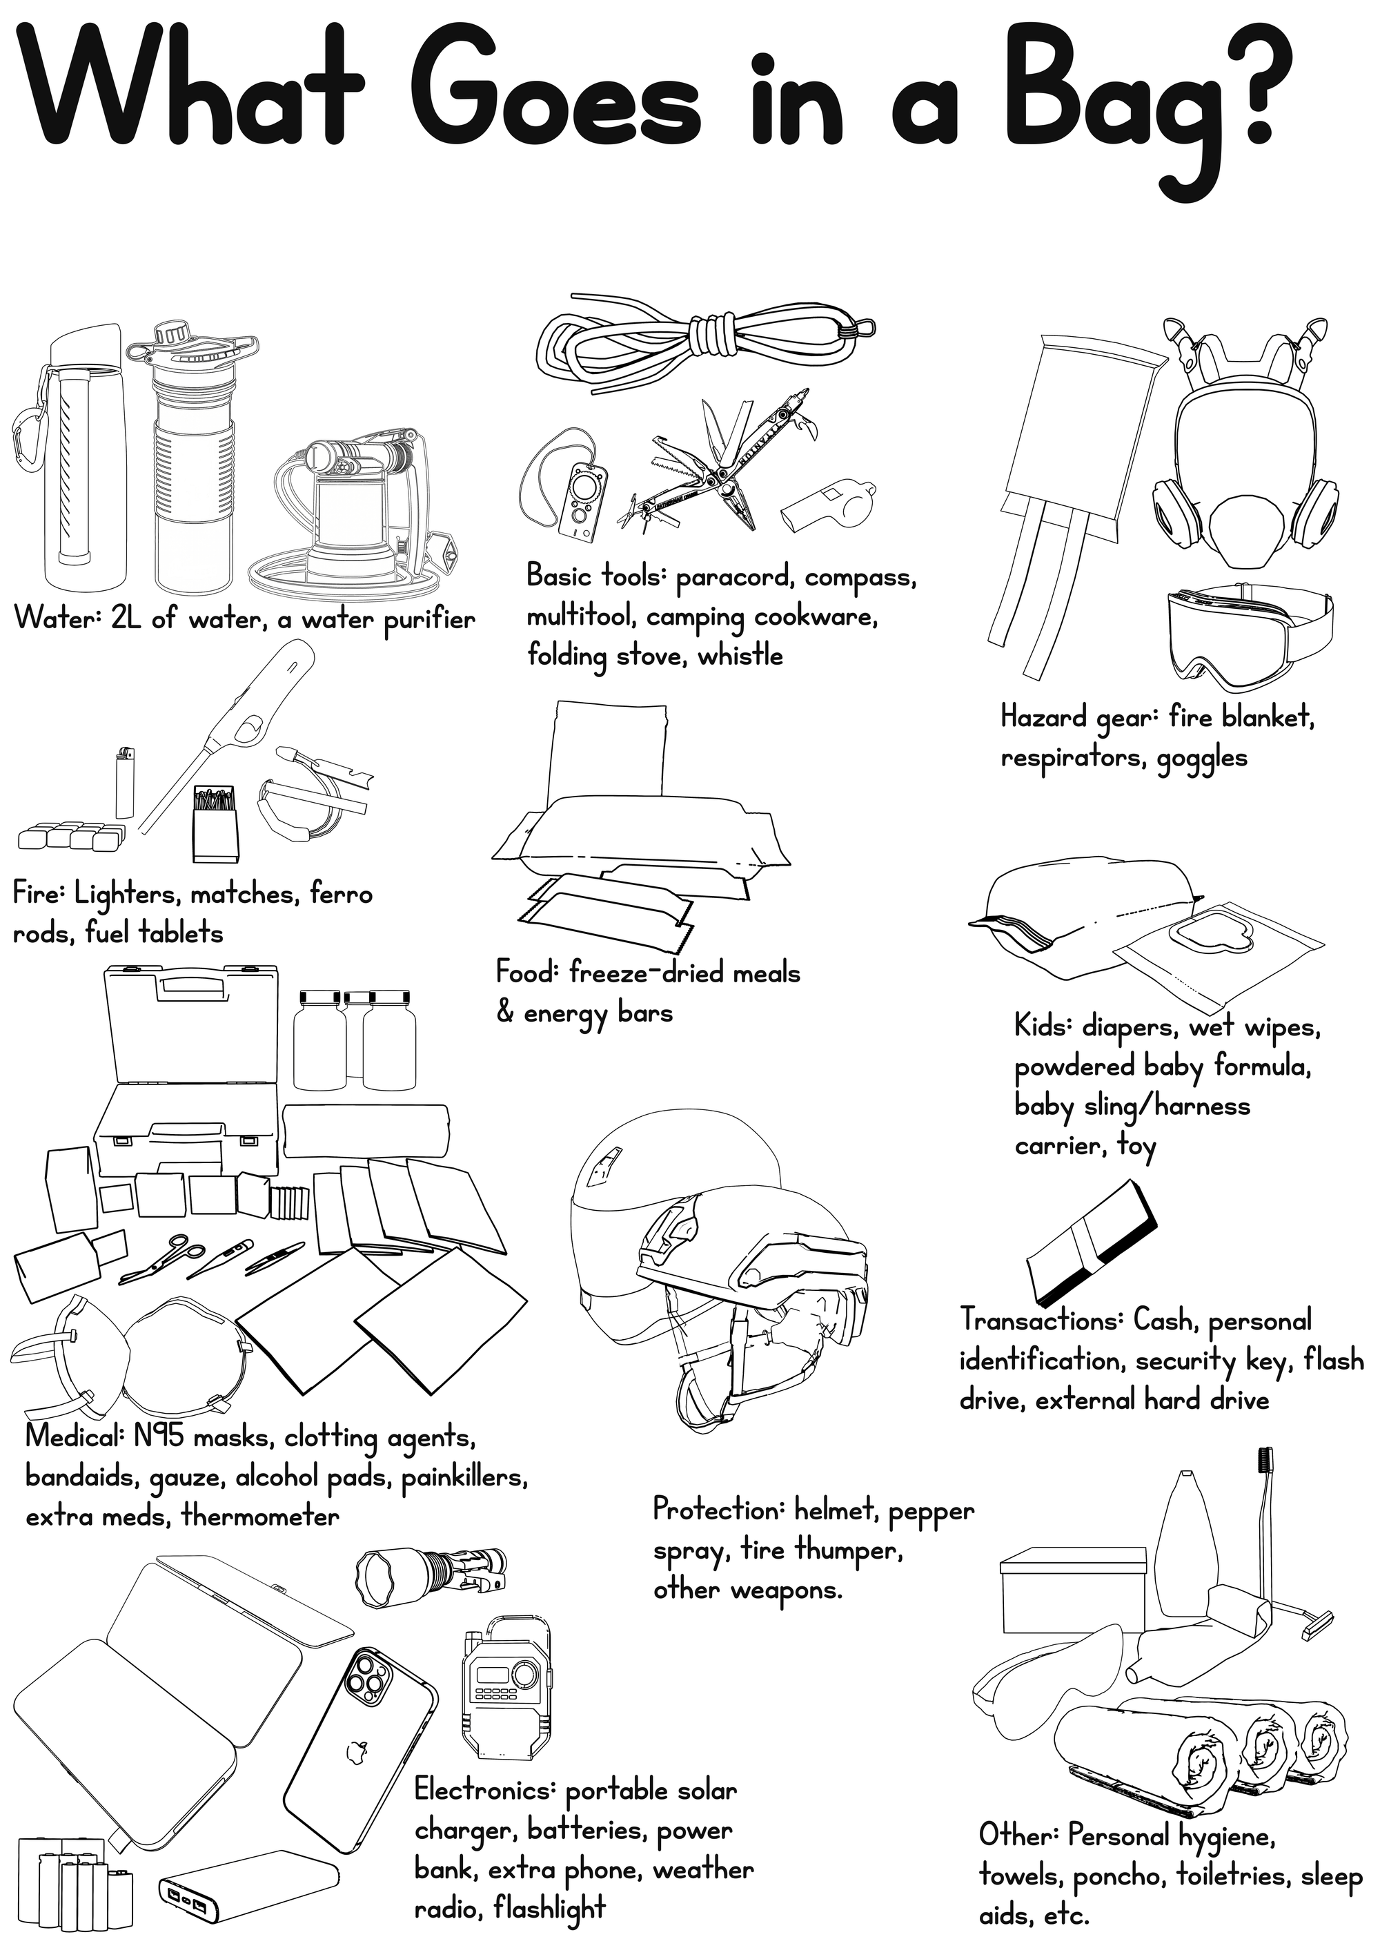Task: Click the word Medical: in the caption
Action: click(x=75, y=1436)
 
